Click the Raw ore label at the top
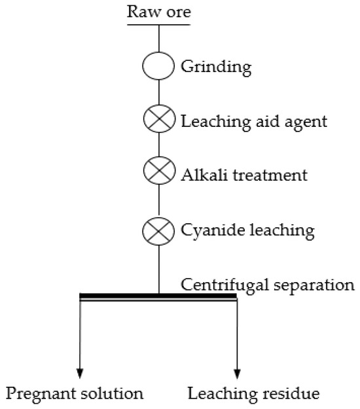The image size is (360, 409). (159, 11)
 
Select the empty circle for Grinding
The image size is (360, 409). (159, 66)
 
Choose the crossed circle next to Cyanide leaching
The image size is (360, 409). (159, 230)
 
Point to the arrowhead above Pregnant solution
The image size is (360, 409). (80, 373)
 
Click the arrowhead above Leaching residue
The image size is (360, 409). (237, 373)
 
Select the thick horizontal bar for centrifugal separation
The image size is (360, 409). (158, 297)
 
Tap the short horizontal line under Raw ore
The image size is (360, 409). (159, 25)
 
